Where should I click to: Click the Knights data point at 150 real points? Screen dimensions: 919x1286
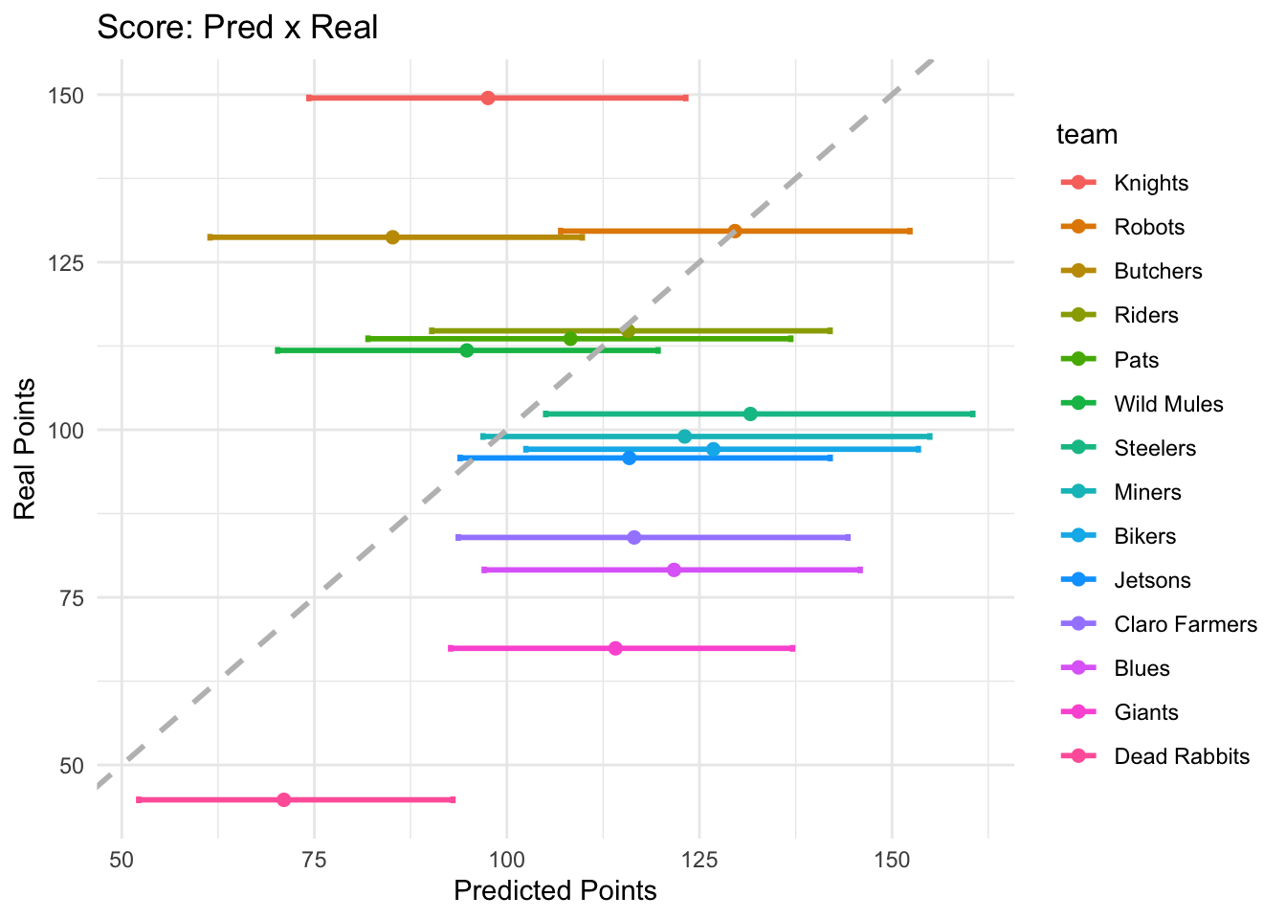coord(488,98)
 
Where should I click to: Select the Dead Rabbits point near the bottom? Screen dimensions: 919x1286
coord(283,799)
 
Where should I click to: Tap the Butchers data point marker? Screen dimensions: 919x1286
coord(392,237)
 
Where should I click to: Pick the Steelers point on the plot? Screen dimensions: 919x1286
coord(750,414)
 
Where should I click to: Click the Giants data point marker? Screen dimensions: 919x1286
coord(615,648)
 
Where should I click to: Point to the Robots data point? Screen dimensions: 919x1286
coord(735,231)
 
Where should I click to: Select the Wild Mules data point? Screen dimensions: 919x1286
coord(466,350)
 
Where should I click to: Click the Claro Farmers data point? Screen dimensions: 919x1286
coord(633,537)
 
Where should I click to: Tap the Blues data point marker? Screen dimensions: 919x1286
coord(674,570)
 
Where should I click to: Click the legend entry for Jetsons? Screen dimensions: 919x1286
coord(1152,580)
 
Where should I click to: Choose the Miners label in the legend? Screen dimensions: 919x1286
coord(1147,492)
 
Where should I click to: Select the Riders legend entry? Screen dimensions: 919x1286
coord(1146,316)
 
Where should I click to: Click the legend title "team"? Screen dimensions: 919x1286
coord(1087,135)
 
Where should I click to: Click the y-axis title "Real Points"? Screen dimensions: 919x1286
coord(25,450)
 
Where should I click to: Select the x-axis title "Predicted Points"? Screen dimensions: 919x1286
coord(555,891)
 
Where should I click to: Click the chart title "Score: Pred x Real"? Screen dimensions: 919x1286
coord(238,28)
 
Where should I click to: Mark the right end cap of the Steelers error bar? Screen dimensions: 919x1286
coord(973,414)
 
